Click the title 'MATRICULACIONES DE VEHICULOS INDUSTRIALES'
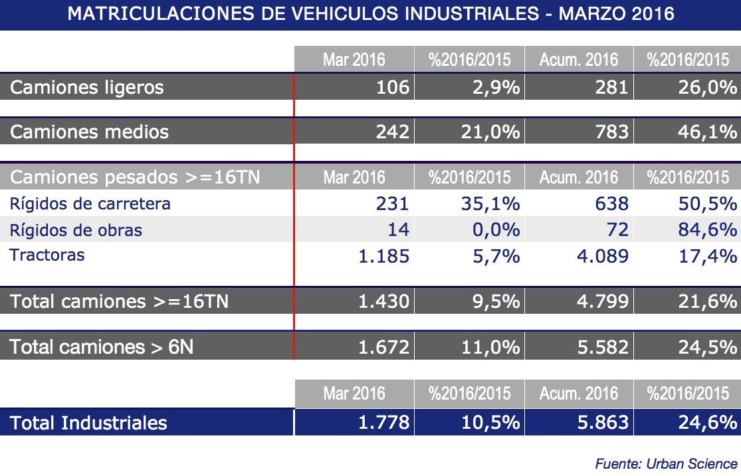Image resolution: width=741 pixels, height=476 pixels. pos(370,14)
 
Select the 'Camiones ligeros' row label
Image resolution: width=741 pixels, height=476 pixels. pos(87,87)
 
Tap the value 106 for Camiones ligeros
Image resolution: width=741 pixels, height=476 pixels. pos(392,87)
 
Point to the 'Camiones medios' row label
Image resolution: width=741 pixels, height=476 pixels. pos(90,132)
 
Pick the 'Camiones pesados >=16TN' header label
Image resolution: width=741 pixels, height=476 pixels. pos(135,178)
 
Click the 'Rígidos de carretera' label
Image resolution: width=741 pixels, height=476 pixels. pos(90,203)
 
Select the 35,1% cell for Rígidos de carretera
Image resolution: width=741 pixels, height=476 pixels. pos(490,203)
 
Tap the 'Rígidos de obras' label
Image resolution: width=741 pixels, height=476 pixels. pos(76,230)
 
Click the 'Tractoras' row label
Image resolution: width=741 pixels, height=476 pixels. pos(47,255)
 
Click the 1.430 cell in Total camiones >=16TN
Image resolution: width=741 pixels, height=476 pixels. pos(383,302)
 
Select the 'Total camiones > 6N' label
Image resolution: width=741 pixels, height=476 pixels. pos(102,346)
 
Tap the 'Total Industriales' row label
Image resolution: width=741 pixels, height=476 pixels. pos(89,423)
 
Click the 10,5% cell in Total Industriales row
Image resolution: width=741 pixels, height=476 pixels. pos(490,422)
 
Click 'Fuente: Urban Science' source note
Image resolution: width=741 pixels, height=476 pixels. pos(666,463)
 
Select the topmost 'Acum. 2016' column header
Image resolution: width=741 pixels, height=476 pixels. pos(578,60)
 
